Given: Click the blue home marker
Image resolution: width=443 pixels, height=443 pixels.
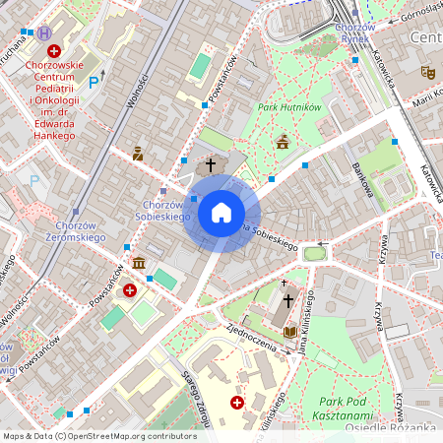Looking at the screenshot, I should [x=221, y=212].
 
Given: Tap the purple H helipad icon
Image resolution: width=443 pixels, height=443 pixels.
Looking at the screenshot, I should [x=45, y=32].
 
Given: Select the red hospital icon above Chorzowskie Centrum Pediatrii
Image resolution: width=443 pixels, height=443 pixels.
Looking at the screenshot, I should [x=53, y=50].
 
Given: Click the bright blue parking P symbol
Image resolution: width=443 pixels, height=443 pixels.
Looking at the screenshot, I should [x=95, y=83].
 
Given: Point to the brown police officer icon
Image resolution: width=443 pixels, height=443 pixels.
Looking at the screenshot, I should [x=138, y=154].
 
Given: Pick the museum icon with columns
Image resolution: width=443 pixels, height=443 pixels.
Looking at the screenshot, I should [x=139, y=264].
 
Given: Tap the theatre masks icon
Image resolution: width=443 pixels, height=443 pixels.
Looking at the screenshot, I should [x=427, y=72].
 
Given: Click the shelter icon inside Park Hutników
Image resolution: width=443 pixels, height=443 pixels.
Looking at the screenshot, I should [x=284, y=142].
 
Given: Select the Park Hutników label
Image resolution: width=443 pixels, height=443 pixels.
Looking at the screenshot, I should [x=291, y=106].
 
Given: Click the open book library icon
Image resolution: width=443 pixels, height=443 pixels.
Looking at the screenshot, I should [x=289, y=332].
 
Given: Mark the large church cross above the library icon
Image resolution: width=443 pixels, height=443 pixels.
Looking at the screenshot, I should [x=287, y=299].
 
